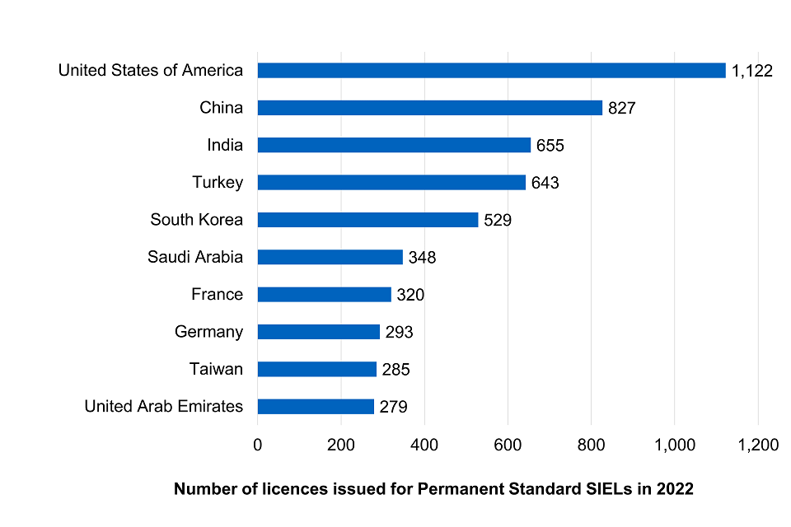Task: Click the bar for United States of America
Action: click(x=491, y=70)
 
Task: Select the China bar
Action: click(x=429, y=107)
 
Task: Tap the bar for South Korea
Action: click(x=367, y=220)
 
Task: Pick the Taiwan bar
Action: click(x=316, y=369)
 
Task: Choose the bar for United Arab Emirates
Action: click(x=316, y=406)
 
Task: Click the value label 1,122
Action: click(x=751, y=71)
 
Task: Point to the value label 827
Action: click(x=621, y=108)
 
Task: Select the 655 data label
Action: click(x=550, y=146)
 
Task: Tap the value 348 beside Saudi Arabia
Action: click(x=422, y=258)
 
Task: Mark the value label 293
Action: click(x=399, y=332)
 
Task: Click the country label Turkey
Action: click(x=218, y=182)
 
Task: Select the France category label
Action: click(x=217, y=294)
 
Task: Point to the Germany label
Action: click(x=208, y=332)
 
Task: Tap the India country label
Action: click(x=225, y=145)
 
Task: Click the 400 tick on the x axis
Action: click(x=424, y=445)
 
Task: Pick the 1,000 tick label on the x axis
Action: click(x=674, y=445)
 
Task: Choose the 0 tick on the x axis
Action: click(x=258, y=445)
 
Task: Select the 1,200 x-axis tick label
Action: click(x=757, y=445)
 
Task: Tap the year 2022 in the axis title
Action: click(x=675, y=489)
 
